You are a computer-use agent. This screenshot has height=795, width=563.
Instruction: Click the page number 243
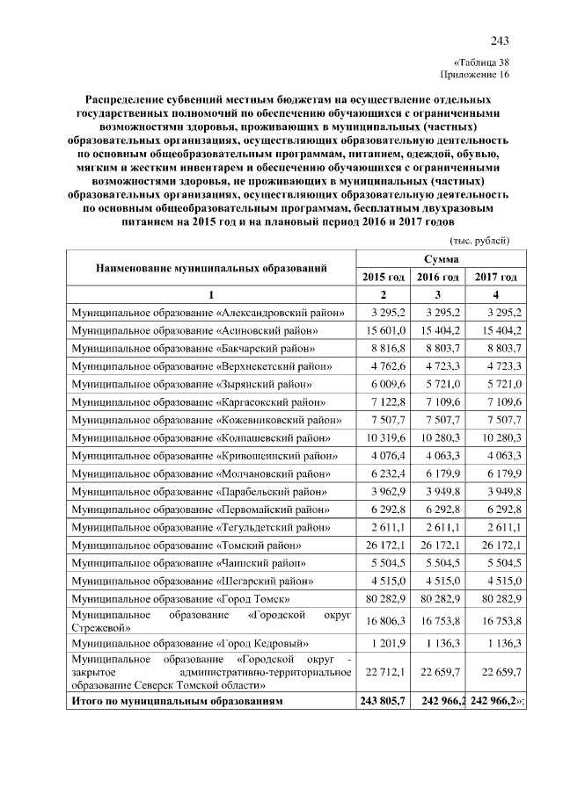(500, 40)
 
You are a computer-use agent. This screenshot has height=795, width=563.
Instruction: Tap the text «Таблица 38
(480, 62)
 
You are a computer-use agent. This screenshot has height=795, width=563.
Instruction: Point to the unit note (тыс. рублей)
(480, 240)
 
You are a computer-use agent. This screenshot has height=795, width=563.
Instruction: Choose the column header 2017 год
(495, 277)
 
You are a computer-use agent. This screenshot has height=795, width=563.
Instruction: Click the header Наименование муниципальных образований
(211, 267)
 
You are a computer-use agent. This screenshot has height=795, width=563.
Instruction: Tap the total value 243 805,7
(383, 702)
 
